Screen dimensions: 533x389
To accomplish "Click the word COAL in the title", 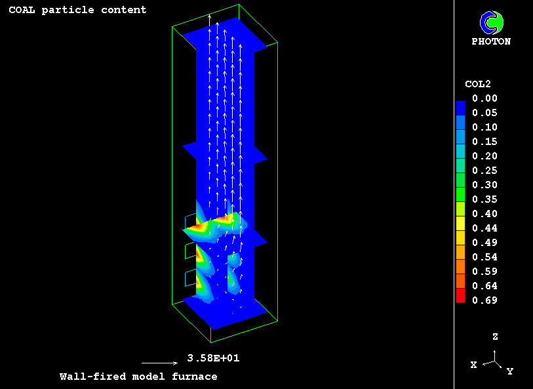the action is pyautogui.click(x=22, y=10).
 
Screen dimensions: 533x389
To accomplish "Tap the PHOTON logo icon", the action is pyautogui.click(x=492, y=23).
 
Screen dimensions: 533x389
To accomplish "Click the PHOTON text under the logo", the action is pyautogui.click(x=491, y=41).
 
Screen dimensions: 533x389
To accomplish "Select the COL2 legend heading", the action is pyautogui.click(x=478, y=84).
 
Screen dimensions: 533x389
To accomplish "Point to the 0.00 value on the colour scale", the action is pyautogui.click(x=484, y=98).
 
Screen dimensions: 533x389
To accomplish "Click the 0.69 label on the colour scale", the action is pyautogui.click(x=484, y=300).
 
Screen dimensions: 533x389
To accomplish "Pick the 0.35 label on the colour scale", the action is pyautogui.click(x=484, y=199).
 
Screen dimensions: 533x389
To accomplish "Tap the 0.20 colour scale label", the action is pyautogui.click(x=484, y=156).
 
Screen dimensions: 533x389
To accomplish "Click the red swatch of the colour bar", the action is pyautogui.click(x=461, y=295).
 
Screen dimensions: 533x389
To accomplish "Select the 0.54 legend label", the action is pyautogui.click(x=484, y=257).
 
